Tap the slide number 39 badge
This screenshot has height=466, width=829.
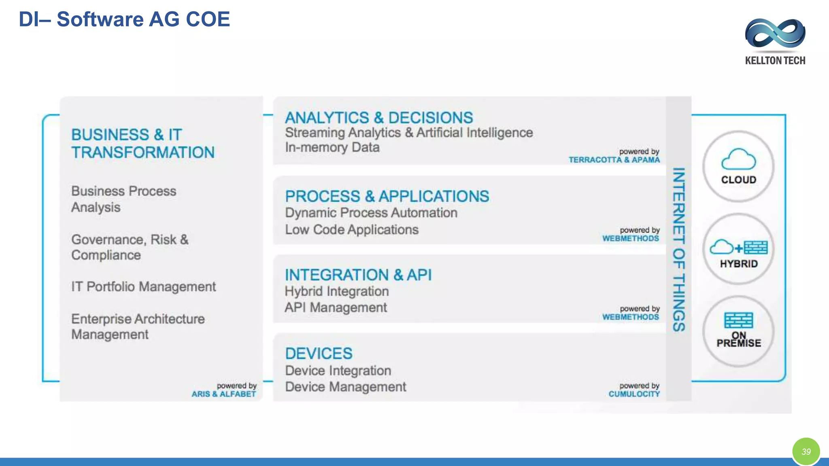pyautogui.click(x=806, y=451)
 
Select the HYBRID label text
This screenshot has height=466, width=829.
pyautogui.click(x=739, y=264)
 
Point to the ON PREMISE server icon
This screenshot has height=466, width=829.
pyautogui.click(x=738, y=320)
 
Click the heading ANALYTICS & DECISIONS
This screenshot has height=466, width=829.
pyautogui.click(x=379, y=118)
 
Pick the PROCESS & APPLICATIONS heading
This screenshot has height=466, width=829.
pyautogui.click(x=387, y=196)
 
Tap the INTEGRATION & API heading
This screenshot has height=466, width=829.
pyautogui.click(x=358, y=275)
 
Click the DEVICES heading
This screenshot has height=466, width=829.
pyautogui.click(x=319, y=354)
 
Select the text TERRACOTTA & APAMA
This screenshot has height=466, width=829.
pyautogui.click(x=614, y=160)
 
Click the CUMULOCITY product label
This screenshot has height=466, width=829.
pyautogui.click(x=634, y=394)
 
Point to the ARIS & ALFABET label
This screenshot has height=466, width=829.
pyautogui.click(x=224, y=394)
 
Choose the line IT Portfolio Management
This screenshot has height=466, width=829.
pyautogui.click(x=143, y=287)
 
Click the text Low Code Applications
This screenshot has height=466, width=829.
pyautogui.click(x=352, y=230)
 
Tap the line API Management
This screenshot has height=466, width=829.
pyautogui.click(x=336, y=307)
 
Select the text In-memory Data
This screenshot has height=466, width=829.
pyautogui.click(x=332, y=147)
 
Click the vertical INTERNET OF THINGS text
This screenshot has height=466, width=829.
pyautogui.click(x=678, y=249)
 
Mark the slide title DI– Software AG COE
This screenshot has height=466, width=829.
pyautogui.click(x=124, y=19)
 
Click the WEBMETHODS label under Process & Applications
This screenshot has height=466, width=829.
pyautogui.click(x=631, y=239)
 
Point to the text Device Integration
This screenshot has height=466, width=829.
pyautogui.click(x=338, y=371)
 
